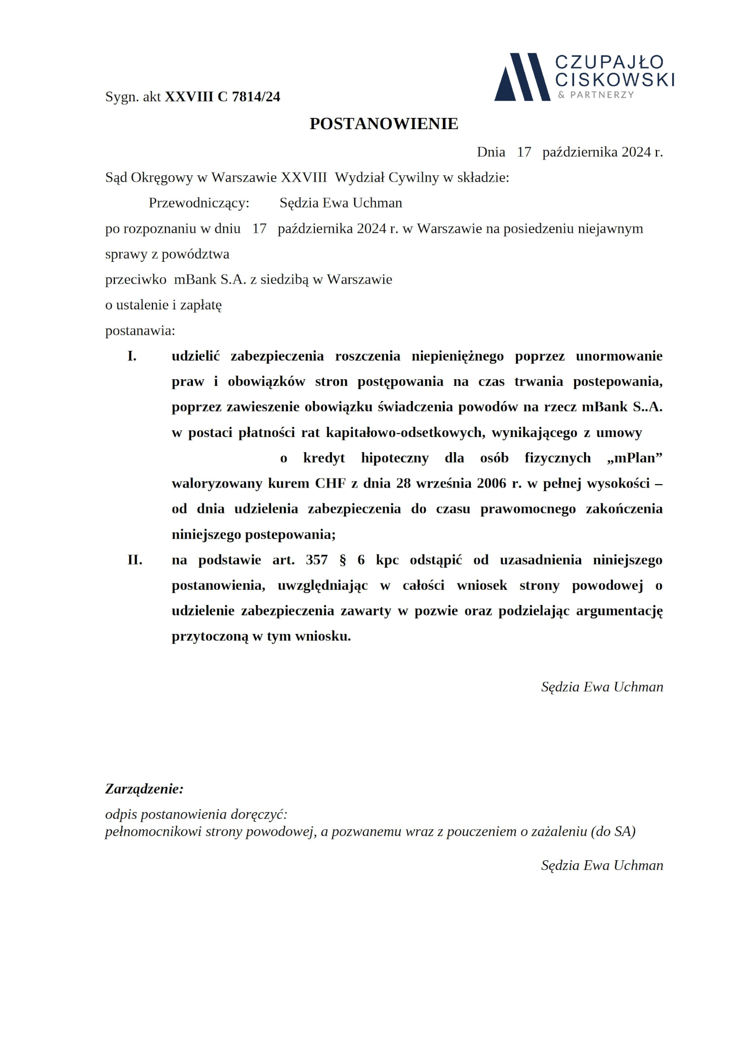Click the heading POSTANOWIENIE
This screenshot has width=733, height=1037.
[x=384, y=124]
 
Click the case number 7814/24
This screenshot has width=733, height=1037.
[x=256, y=97]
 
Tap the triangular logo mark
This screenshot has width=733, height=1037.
[x=521, y=77]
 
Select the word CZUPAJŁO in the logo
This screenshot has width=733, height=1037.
[x=609, y=62]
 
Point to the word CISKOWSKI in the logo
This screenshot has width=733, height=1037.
[x=615, y=79]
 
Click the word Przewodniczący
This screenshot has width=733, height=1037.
[x=198, y=203]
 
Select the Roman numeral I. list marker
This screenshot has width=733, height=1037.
[x=132, y=356]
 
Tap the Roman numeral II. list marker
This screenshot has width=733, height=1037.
[x=134, y=560]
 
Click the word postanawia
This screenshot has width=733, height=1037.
[x=139, y=331]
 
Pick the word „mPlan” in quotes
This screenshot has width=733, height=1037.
[x=634, y=458]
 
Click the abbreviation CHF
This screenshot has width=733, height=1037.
[x=331, y=484]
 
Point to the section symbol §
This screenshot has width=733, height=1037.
[x=343, y=560]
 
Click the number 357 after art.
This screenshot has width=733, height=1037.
[x=316, y=560]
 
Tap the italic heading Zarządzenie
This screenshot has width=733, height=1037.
[x=144, y=789]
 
